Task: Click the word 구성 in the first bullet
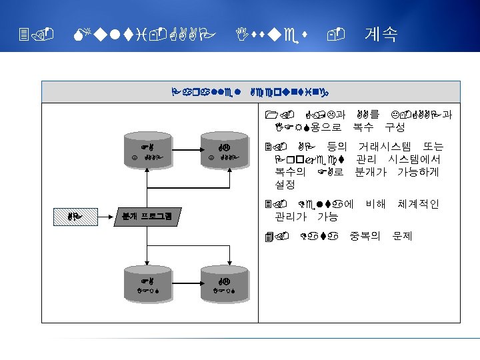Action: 395,127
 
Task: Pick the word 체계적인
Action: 418,203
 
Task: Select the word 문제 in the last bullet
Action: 403,235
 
